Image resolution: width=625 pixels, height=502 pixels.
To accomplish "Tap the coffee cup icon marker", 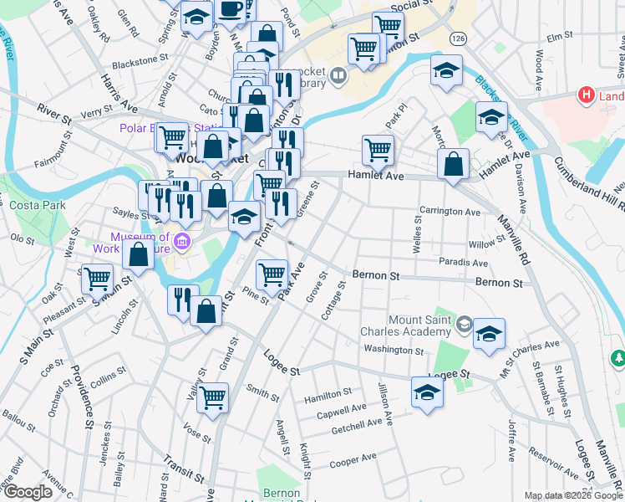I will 230,11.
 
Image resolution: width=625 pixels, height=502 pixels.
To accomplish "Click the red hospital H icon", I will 587,96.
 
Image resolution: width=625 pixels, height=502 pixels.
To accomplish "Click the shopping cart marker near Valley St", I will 213,397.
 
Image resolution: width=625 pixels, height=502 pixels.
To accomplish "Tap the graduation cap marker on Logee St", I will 427,392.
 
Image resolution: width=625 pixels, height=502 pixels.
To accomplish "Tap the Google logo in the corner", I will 28,492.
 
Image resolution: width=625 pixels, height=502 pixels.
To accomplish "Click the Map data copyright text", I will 572,496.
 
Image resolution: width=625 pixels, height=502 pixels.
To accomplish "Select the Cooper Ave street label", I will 353,461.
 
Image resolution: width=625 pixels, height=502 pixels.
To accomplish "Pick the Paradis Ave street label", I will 462,262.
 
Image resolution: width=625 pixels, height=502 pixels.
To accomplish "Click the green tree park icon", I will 617,358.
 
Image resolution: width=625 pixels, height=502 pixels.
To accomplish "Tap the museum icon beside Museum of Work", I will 183,243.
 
